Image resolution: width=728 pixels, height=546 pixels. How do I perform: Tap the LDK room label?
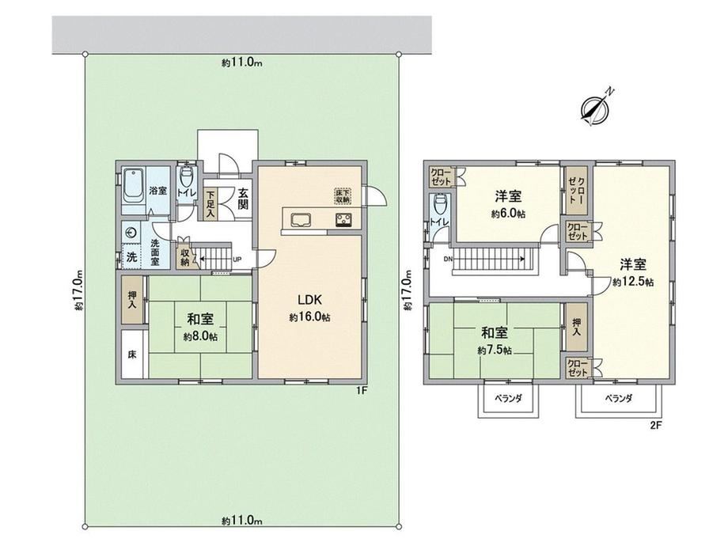[309, 301]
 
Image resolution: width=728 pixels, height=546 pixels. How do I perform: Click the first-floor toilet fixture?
[187, 176]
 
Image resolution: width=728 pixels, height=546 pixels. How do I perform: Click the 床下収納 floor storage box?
[341, 195]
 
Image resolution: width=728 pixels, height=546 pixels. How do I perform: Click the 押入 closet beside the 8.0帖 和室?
[132, 298]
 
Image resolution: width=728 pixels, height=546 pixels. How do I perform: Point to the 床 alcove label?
[132, 355]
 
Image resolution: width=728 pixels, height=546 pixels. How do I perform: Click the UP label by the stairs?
[236, 259]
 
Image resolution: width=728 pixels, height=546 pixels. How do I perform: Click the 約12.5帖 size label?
[632, 282]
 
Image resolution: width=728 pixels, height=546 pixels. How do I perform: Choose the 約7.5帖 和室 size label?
[495, 350]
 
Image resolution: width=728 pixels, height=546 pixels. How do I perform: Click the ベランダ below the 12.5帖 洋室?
[617, 400]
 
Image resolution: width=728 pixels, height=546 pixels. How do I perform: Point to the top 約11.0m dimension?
[242, 65]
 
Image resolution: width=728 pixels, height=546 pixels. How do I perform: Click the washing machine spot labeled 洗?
[132, 257]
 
